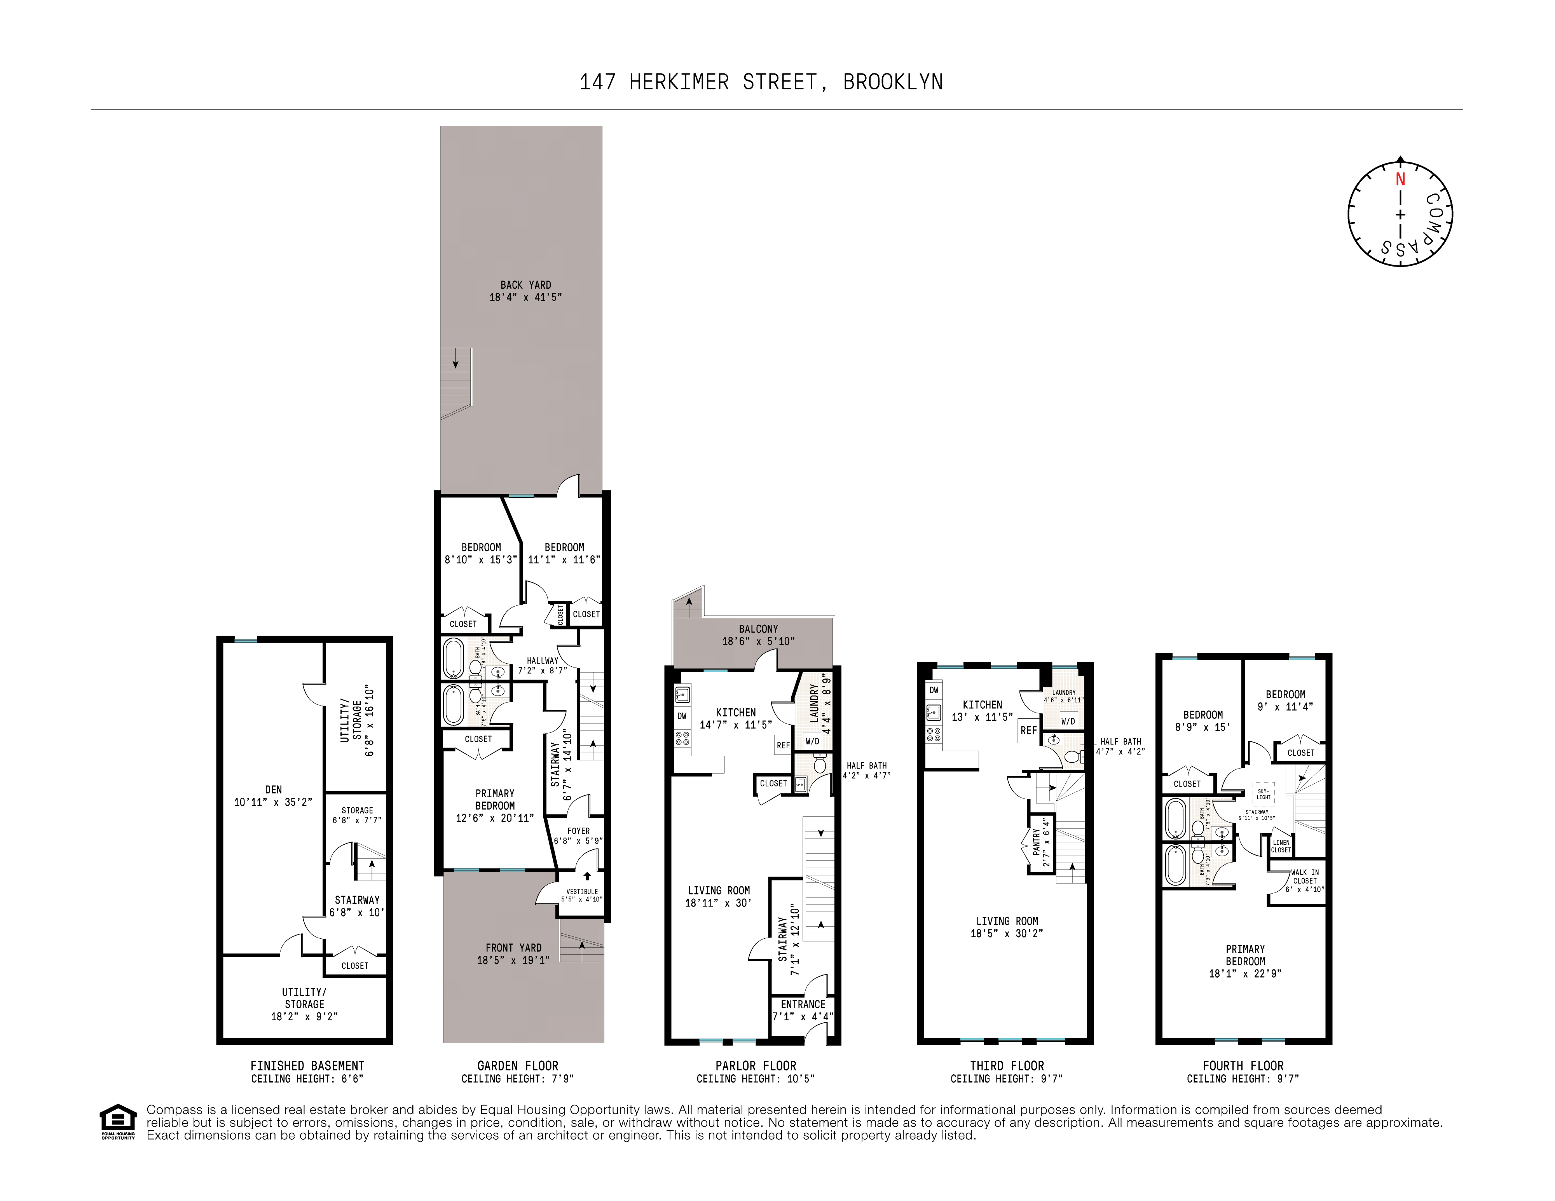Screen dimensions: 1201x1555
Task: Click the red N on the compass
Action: (x=1400, y=180)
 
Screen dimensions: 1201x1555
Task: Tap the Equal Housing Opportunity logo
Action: (x=117, y=1121)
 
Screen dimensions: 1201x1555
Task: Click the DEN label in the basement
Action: (x=273, y=790)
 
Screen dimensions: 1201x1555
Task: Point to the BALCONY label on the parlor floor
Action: (x=758, y=629)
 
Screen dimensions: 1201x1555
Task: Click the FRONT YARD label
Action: (x=513, y=948)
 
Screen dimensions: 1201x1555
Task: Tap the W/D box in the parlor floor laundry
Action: (x=812, y=741)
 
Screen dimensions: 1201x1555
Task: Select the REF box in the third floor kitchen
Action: (x=1028, y=730)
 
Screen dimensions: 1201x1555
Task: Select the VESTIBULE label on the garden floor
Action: (x=582, y=891)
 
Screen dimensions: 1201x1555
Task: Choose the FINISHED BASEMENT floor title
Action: (x=307, y=1066)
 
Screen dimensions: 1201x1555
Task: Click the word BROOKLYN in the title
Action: (x=893, y=83)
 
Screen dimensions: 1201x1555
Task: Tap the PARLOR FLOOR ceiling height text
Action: (x=756, y=1079)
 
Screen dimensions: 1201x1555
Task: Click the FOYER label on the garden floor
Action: (x=578, y=831)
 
